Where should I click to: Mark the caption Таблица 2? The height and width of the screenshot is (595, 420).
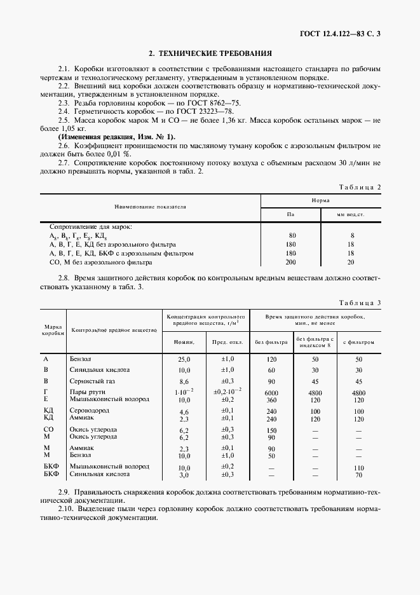click(x=360, y=188)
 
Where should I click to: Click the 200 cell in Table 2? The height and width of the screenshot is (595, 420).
click(x=291, y=261)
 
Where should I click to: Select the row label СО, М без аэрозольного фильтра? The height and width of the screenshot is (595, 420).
click(x=100, y=261)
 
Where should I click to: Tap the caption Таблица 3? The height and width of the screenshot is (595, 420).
click(x=360, y=303)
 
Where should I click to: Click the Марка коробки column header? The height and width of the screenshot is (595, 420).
click(x=53, y=329)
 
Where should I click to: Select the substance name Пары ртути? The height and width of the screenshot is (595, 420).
click(x=88, y=392)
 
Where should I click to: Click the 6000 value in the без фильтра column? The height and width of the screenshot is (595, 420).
click(x=271, y=393)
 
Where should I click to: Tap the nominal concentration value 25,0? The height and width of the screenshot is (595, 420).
click(x=184, y=359)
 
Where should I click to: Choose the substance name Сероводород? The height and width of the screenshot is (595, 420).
click(x=91, y=411)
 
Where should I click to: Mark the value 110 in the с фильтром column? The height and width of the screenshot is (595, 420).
click(x=358, y=467)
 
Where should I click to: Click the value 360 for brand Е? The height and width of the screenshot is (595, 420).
click(x=271, y=400)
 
